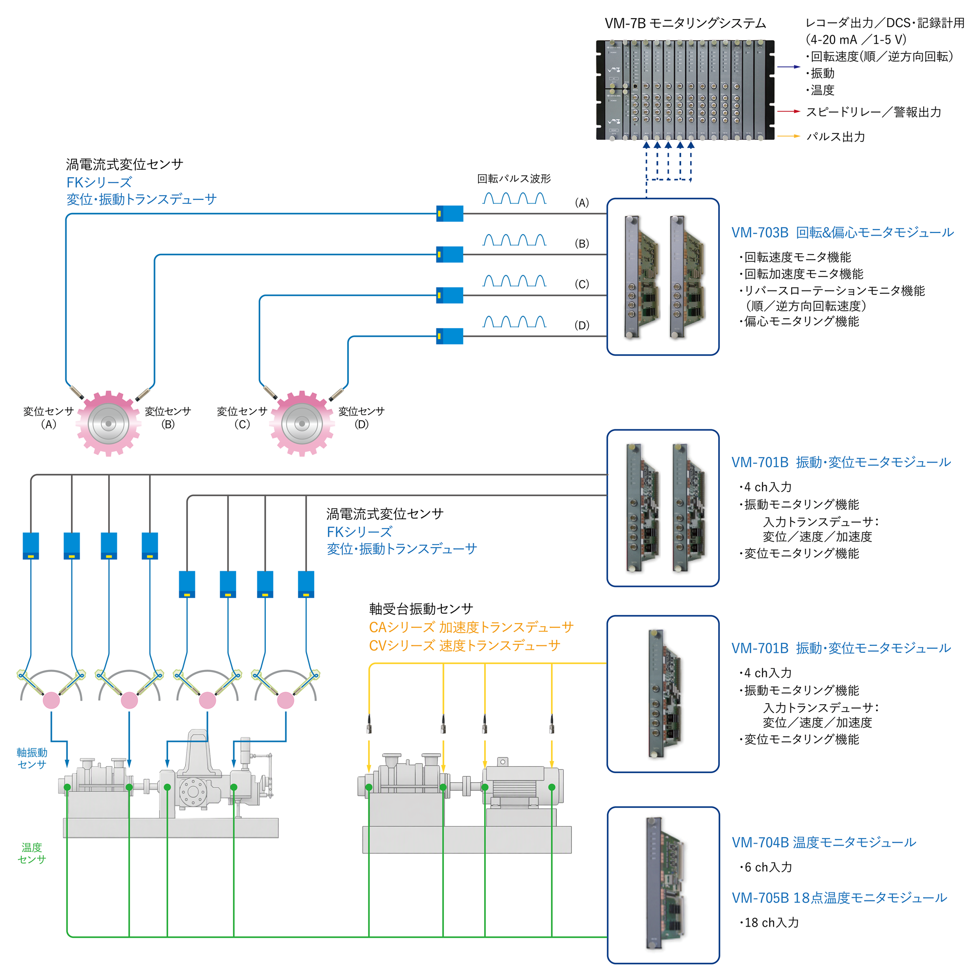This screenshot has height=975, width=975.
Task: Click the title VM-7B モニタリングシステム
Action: (x=685, y=23)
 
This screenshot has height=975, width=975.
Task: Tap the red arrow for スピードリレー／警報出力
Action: (x=788, y=111)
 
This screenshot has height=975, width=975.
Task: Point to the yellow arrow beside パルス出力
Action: (x=788, y=136)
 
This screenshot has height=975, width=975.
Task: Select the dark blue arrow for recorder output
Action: (x=788, y=66)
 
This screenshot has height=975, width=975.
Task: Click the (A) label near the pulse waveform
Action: (x=582, y=203)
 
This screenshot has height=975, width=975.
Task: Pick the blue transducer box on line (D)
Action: (x=449, y=336)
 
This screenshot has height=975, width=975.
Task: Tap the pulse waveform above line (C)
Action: (x=514, y=280)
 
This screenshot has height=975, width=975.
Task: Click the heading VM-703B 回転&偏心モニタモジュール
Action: (x=842, y=233)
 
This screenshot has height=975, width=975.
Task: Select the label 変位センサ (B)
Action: (x=168, y=417)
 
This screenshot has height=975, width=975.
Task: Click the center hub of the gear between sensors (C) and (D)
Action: (x=302, y=423)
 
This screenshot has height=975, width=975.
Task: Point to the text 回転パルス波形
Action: (x=514, y=179)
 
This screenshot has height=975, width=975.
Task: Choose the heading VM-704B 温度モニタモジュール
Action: (x=823, y=842)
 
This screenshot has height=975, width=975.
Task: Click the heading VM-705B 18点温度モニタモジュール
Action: (x=839, y=898)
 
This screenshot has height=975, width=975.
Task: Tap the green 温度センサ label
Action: (x=32, y=853)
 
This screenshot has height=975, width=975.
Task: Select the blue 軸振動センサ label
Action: (x=32, y=758)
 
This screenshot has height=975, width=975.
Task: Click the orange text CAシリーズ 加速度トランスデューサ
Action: (x=471, y=627)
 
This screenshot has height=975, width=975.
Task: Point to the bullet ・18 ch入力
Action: (x=769, y=923)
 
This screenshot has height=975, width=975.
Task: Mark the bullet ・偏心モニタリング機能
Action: (x=799, y=322)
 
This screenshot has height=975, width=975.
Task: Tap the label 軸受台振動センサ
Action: (x=421, y=609)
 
